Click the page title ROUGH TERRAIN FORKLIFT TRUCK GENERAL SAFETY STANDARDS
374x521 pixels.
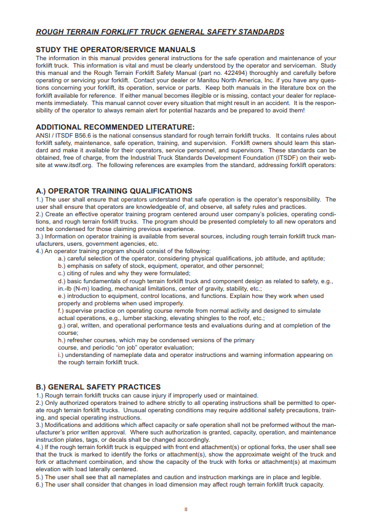click(160, 31)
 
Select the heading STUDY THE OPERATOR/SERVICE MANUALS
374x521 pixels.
click(116, 49)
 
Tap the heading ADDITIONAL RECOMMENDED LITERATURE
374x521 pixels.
click(115, 127)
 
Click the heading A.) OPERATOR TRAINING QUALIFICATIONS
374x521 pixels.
click(114, 191)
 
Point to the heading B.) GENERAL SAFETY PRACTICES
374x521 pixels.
click(98, 387)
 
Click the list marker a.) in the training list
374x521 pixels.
click(62, 259)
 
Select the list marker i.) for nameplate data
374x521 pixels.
click(62, 355)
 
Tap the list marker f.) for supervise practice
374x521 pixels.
click(62, 311)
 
